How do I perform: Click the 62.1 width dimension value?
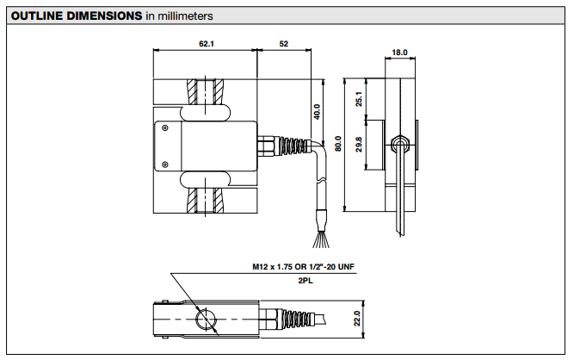pyautogui.click(x=205, y=42)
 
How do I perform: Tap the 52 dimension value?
pyautogui.click(x=283, y=42)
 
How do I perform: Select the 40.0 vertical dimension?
pyautogui.click(x=317, y=112)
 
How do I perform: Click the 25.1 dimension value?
pyautogui.click(x=360, y=100)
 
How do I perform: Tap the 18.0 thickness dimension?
pyautogui.click(x=399, y=53)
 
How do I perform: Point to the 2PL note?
pyautogui.click(x=304, y=282)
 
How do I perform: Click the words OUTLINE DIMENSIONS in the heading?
pyautogui.click(x=77, y=16)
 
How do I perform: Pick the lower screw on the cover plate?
pyautogui.click(x=164, y=164)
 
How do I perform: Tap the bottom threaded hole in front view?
pyautogui.click(x=205, y=200)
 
